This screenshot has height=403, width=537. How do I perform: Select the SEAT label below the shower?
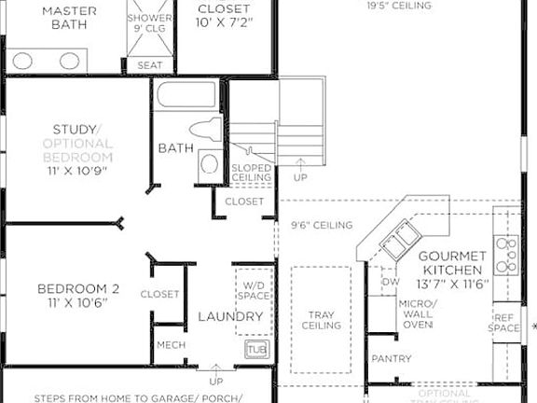click(x=148, y=65)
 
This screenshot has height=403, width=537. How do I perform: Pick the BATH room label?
click(x=175, y=148)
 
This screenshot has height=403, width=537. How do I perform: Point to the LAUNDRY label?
click(x=229, y=317)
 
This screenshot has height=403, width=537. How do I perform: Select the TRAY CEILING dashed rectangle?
click(x=321, y=321)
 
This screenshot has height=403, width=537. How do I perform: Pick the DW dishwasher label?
click(x=390, y=282)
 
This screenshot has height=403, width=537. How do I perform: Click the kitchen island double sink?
click(x=395, y=241)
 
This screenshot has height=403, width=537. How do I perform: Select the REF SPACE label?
click(x=505, y=323)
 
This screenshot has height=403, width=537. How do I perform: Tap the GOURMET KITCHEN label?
click(x=451, y=263)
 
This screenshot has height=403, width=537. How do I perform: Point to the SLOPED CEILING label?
click(x=251, y=173)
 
